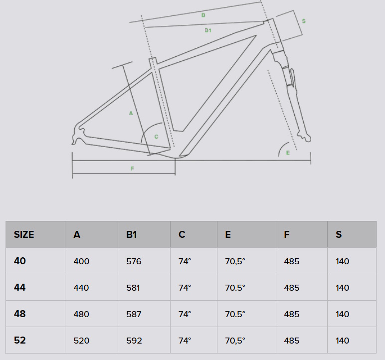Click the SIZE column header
24,234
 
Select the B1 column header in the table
131,234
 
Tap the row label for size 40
20,261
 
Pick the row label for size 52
20,340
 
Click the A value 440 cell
81,288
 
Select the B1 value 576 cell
134,261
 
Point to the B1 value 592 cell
134,341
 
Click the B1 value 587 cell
134,314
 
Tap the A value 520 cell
81,341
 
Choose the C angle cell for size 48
185,314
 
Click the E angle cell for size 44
235,288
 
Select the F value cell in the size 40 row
291,261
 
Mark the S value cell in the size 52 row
343,341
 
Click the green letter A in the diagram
131,113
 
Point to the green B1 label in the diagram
208,30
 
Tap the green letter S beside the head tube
304,21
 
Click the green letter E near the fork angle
288,153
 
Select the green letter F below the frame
132,169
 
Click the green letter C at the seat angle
156,136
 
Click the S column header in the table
339,234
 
